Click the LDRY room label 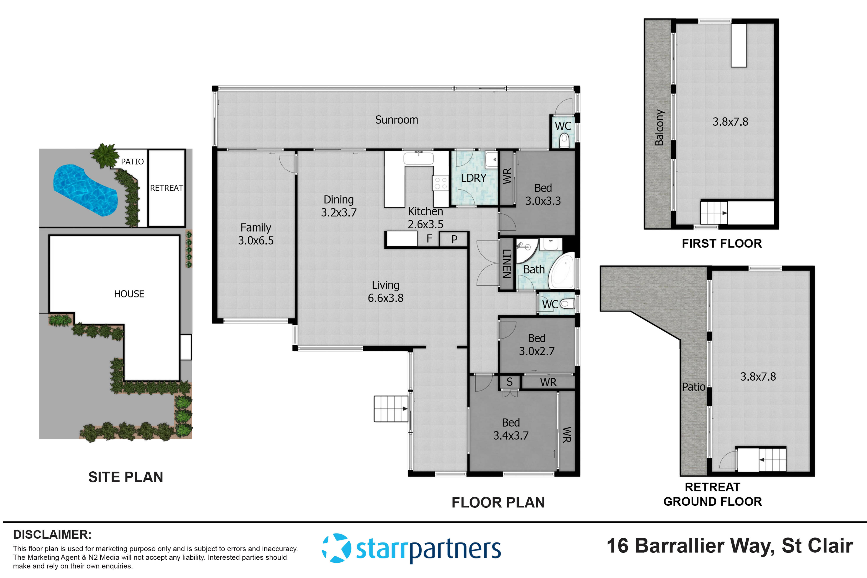tap(473, 178)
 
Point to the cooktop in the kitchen tap(440, 183)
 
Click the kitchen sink tap(418, 158)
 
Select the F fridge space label tap(429, 239)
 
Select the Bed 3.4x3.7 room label tap(511, 429)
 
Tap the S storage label tap(509, 382)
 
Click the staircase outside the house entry tap(391, 409)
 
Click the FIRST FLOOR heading tap(721, 244)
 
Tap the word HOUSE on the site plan tap(129, 294)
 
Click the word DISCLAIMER tap(52, 534)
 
